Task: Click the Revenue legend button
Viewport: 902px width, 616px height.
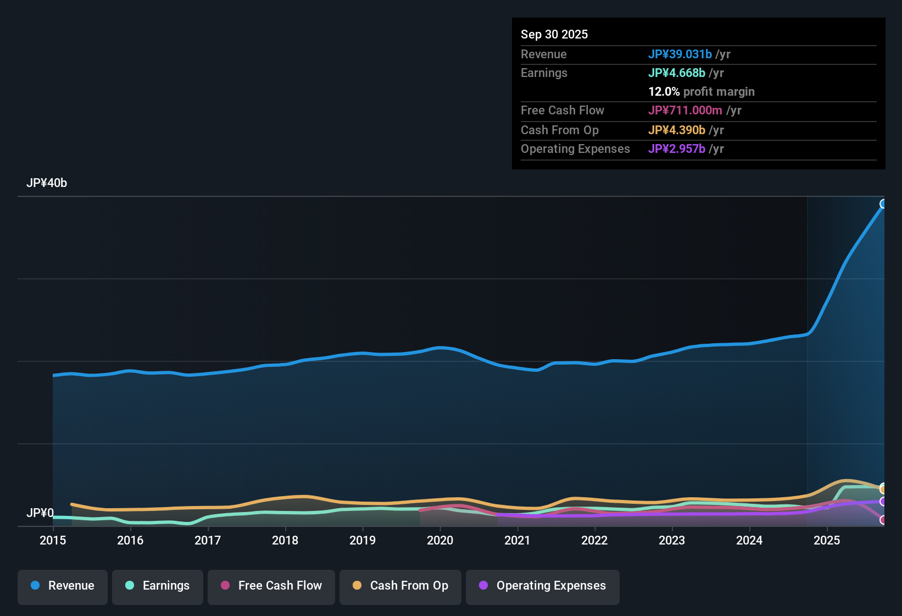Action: point(63,586)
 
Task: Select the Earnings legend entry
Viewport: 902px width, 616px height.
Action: point(158,586)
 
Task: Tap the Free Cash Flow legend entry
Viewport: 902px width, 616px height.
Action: point(271,586)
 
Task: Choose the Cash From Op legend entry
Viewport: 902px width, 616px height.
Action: point(400,586)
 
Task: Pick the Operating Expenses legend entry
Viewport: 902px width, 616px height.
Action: point(543,586)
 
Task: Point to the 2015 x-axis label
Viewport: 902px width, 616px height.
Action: point(53,541)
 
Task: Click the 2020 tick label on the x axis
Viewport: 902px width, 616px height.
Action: point(440,541)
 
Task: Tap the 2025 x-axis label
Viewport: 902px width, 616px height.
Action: point(827,541)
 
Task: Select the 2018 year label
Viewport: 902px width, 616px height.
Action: point(285,541)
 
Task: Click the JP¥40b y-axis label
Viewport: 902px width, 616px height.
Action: point(47,183)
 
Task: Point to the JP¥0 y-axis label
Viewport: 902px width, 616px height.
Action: point(40,513)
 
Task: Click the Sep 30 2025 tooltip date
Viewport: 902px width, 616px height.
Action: point(554,34)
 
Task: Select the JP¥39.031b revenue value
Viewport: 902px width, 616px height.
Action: point(680,54)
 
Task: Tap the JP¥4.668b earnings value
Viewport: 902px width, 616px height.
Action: point(677,73)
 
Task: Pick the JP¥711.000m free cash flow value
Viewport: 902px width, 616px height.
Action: point(685,111)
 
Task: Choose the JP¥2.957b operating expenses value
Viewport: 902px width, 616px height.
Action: point(677,149)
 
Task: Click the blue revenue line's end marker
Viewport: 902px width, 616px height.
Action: point(883,204)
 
